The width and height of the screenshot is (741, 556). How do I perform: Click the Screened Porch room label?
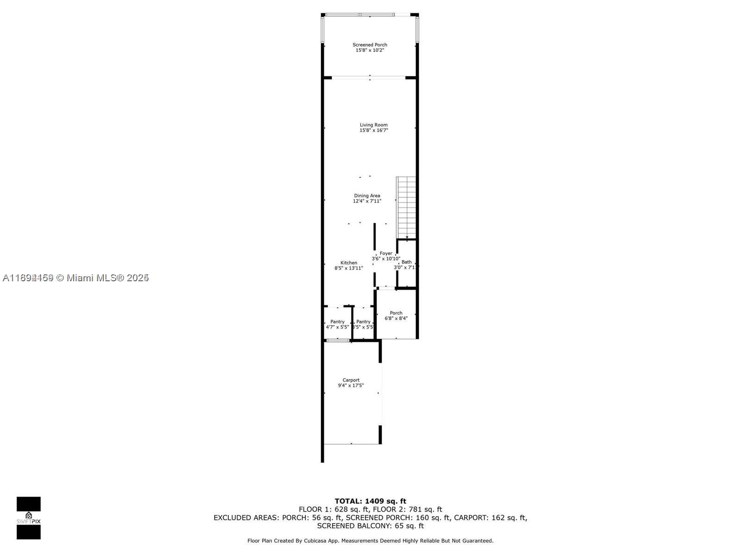(x=370, y=45)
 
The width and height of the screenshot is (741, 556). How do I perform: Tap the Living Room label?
(x=373, y=125)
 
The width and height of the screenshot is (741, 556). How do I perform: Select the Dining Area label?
(x=367, y=196)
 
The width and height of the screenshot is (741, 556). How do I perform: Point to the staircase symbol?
(x=406, y=207)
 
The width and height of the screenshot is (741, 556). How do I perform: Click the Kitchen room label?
(x=349, y=263)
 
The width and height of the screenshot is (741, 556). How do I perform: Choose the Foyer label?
(x=386, y=253)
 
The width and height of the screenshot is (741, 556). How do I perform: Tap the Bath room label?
(x=406, y=262)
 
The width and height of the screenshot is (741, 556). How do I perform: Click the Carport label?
(x=351, y=380)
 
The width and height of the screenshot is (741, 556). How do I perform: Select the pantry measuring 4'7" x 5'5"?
(x=337, y=324)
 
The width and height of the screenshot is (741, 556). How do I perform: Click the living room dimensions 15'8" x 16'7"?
(x=373, y=131)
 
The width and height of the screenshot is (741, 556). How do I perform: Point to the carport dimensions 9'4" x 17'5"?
(x=351, y=385)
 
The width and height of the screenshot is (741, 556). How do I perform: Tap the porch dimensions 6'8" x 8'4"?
(x=396, y=319)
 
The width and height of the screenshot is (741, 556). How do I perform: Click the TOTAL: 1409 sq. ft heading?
(x=370, y=501)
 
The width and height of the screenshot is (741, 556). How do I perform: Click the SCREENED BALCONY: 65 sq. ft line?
(x=370, y=526)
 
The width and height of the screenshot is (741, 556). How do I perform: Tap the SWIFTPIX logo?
(x=29, y=518)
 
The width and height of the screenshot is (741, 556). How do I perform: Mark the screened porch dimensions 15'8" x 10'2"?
(x=370, y=51)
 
